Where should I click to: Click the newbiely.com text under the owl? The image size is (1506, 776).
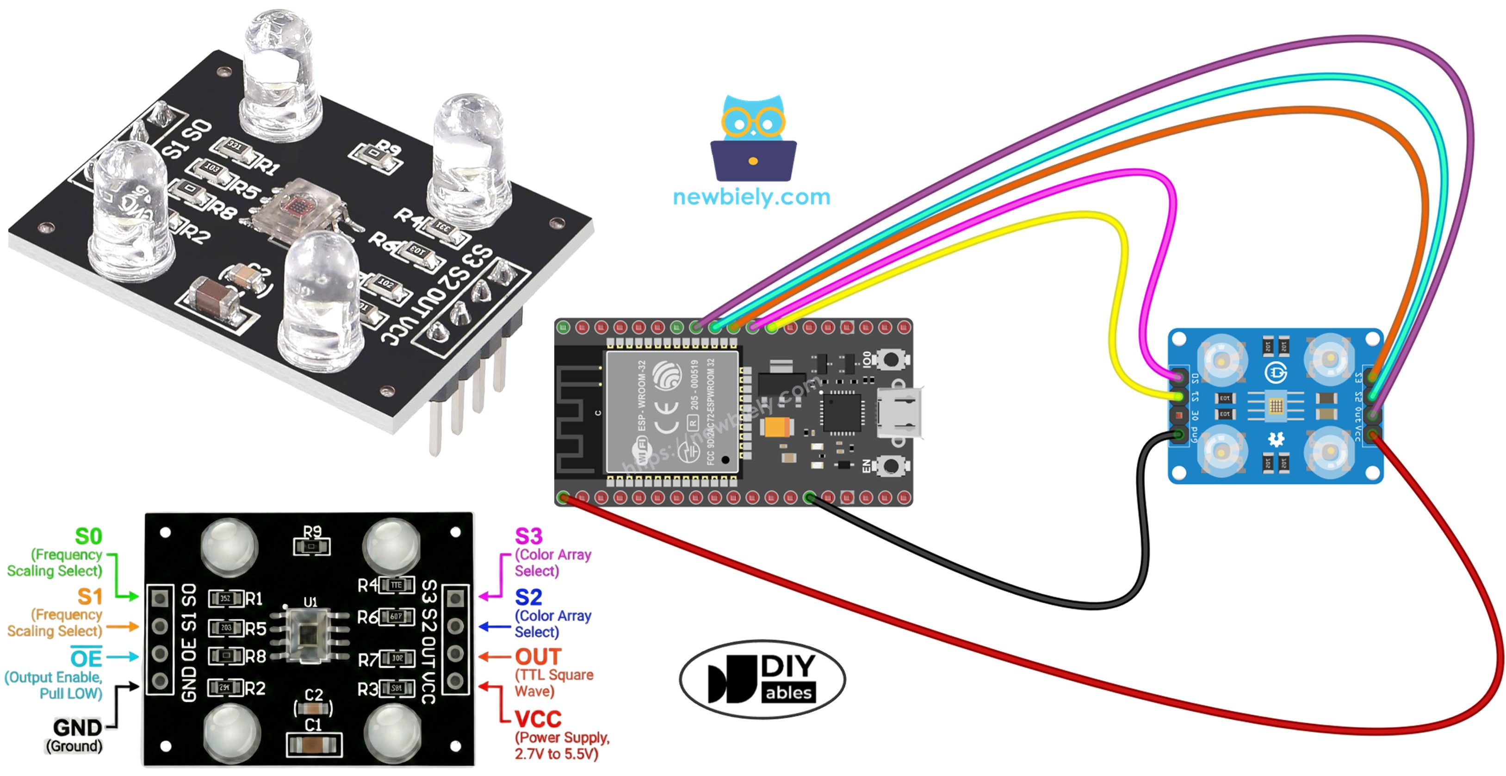point(751,197)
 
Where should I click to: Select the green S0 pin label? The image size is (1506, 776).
point(88,536)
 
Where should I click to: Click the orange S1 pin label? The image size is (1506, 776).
point(89,596)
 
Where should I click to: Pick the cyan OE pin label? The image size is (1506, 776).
point(86,658)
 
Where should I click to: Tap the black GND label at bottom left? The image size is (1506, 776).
point(77,727)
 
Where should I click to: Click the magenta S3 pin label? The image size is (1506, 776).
point(528,536)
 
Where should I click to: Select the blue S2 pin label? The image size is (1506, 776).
point(528,597)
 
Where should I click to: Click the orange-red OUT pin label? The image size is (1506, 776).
point(538,657)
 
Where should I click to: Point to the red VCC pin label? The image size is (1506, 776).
point(538,719)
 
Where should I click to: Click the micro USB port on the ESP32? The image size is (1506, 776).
point(899,412)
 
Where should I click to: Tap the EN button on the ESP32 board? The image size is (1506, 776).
point(890,466)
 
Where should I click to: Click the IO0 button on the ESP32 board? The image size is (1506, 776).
point(890,359)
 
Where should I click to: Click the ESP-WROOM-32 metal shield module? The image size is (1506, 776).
point(672,412)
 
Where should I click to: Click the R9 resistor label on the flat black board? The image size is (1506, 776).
point(312,531)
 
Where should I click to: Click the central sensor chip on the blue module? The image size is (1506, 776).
point(1276,405)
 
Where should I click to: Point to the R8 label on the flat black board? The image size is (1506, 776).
point(255,657)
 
